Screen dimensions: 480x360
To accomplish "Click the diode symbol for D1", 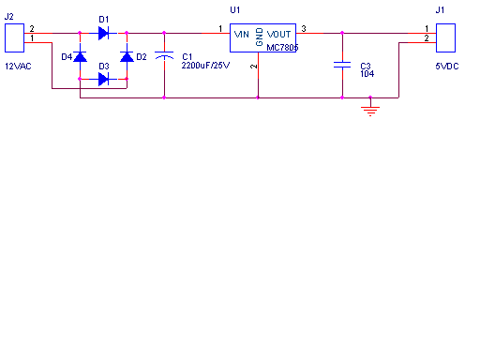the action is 103,33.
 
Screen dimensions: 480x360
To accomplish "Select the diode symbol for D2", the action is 127,56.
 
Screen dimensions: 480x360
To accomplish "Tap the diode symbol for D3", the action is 103,79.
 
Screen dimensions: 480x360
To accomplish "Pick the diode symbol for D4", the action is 80,56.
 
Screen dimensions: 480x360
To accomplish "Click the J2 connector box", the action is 14,37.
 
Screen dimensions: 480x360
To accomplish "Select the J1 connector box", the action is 445,37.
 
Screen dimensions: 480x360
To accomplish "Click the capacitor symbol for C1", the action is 164,56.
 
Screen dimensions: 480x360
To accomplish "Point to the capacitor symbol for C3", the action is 342,65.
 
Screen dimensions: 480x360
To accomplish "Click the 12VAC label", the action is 18,67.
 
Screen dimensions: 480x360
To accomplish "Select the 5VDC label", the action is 447,67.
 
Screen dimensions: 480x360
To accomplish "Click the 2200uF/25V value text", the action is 205,66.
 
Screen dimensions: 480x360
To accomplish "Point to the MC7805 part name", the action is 282,48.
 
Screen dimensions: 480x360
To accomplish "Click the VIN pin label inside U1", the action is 242,34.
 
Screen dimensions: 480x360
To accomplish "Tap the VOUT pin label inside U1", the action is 278,34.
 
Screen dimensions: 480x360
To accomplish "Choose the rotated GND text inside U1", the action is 260,37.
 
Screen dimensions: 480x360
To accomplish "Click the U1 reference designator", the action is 235,10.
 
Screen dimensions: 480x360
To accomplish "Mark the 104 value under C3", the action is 367,74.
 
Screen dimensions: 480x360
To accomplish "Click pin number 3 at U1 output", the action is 304,29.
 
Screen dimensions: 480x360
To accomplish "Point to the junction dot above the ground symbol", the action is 370,97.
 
